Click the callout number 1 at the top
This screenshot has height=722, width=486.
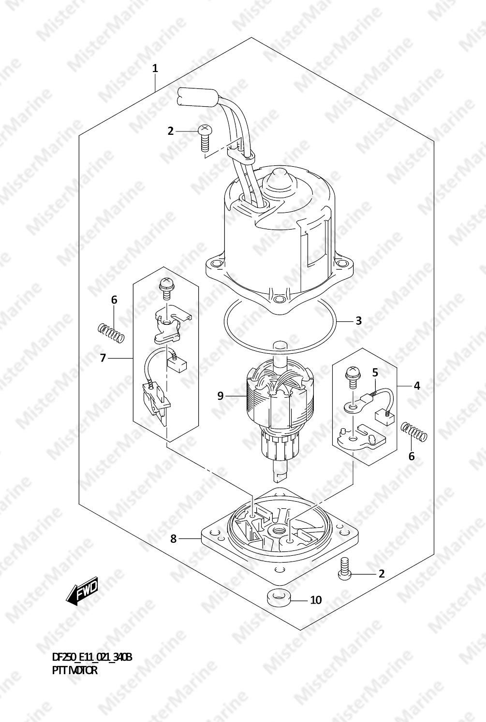pyautogui.click(x=155, y=69)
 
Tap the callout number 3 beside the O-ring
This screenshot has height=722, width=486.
pyautogui.click(x=359, y=321)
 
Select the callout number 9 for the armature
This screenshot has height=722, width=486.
pyautogui.click(x=220, y=395)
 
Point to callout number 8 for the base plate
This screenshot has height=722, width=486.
pyautogui.click(x=174, y=538)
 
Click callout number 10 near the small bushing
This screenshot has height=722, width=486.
pyautogui.click(x=316, y=600)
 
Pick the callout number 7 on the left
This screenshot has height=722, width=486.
pyautogui.click(x=103, y=358)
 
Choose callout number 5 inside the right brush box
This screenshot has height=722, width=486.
pyautogui.click(x=375, y=372)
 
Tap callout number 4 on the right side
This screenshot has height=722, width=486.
pyautogui.click(x=417, y=386)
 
